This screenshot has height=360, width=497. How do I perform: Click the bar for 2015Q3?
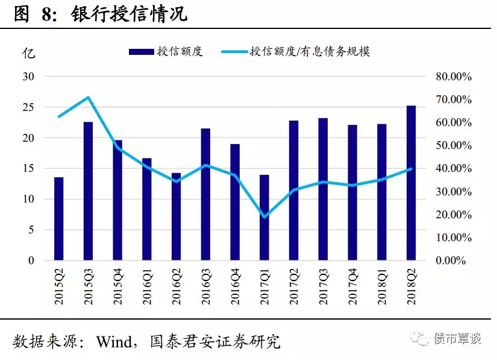coord(88,191)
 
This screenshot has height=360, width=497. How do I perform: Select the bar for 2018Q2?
coord(411,183)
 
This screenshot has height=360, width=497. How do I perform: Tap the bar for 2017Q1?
coord(264,218)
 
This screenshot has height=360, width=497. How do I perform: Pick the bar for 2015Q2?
coord(58,219)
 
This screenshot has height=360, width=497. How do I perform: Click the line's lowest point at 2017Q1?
coord(264,216)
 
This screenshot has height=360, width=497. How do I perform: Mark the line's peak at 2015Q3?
coord(88,97)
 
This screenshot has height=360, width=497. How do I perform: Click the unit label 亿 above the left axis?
coord(29,52)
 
